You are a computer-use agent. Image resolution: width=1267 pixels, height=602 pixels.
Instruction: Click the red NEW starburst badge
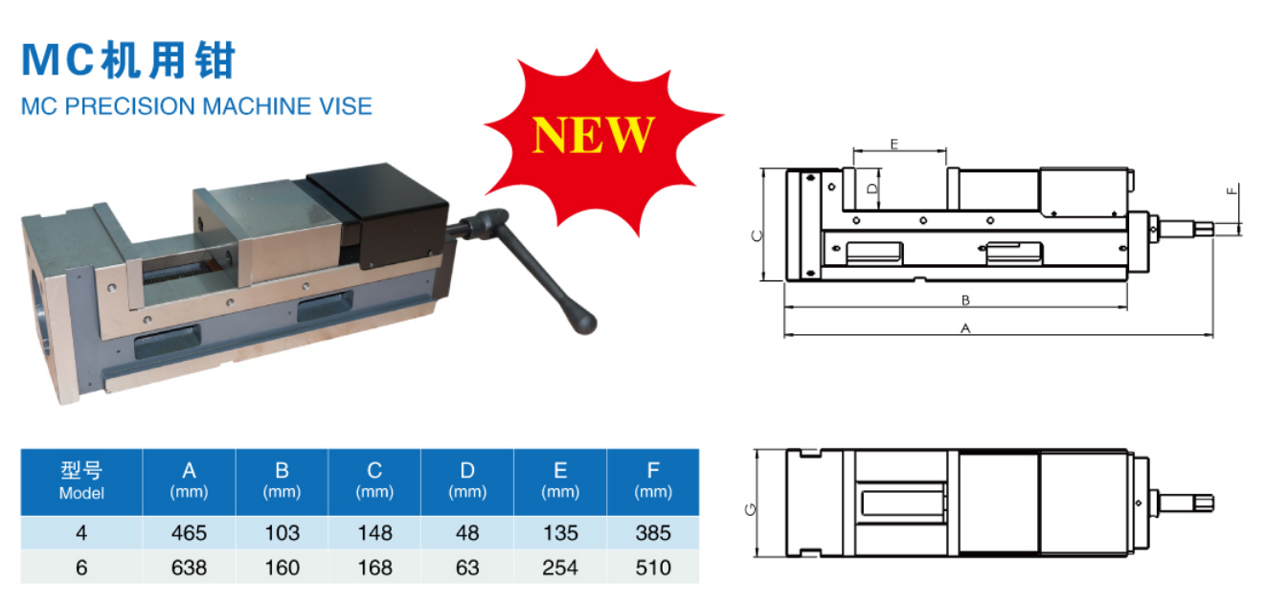tap(595, 135)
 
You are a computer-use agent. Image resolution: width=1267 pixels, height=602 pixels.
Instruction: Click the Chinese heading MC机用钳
tap(128, 60)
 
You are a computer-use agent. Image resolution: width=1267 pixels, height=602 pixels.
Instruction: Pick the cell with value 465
tap(189, 533)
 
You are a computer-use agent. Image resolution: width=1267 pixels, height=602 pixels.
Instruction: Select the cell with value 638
tap(189, 568)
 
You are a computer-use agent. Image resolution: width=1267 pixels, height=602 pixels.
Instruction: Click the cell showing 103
tap(282, 533)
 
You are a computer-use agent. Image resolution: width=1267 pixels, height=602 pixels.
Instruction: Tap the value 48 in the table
tap(467, 533)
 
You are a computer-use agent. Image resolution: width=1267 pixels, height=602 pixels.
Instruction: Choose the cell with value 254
tap(559, 568)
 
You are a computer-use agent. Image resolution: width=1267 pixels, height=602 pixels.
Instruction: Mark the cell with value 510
tap(653, 568)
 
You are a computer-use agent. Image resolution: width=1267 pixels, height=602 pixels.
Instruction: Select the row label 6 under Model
tap(81, 568)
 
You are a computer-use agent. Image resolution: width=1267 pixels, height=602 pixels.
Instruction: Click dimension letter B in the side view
tap(966, 300)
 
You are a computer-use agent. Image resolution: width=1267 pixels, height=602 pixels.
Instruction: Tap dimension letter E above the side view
tap(894, 144)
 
